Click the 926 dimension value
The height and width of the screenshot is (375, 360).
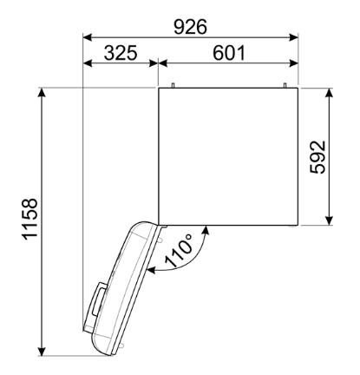point(190,27)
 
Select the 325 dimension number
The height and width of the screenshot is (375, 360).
point(121,53)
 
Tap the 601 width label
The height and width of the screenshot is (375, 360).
point(229,53)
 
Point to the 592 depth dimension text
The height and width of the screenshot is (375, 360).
point(317,157)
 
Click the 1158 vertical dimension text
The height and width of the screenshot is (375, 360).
point(29,219)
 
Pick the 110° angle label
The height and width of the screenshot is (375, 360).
point(179,250)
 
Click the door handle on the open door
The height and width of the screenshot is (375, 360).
point(99,299)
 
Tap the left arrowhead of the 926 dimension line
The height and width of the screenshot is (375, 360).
point(88,37)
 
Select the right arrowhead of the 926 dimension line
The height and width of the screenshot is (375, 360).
point(294,37)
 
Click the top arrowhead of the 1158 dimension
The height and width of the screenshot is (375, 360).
point(43,93)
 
